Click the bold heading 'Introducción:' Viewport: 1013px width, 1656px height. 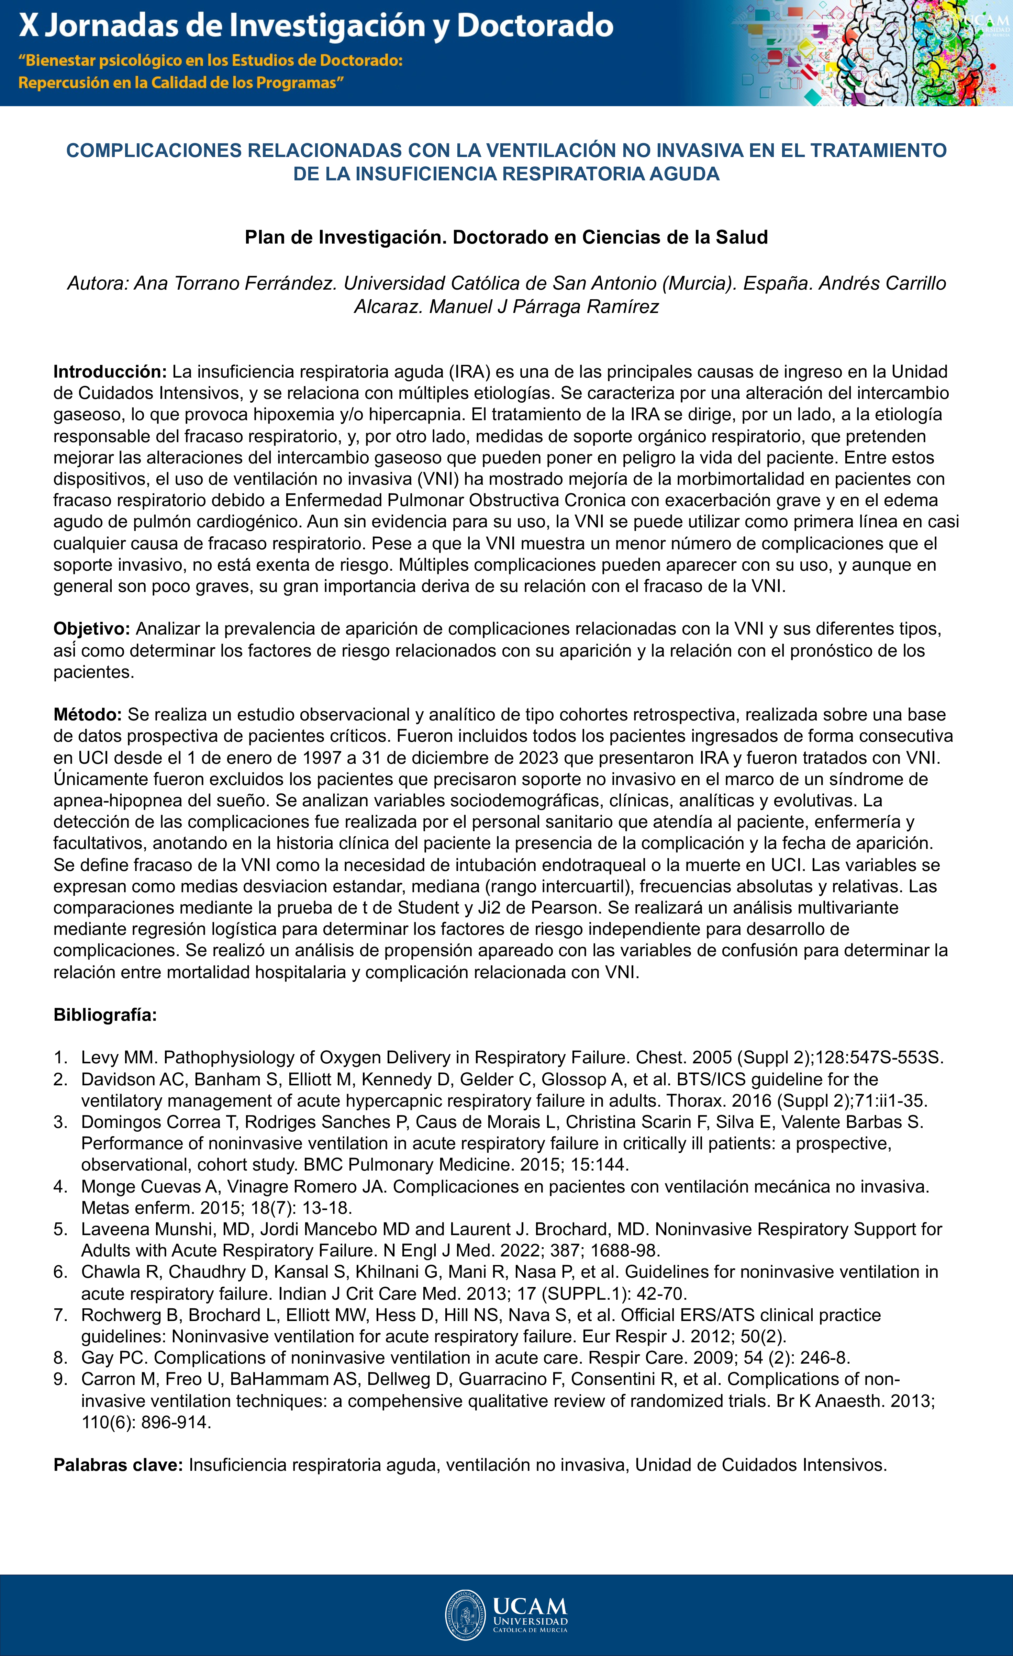pos(110,372)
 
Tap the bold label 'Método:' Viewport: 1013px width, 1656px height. pos(87,714)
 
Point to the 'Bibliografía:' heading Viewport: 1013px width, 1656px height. pos(105,1015)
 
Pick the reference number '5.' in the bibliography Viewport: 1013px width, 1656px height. pos(60,1229)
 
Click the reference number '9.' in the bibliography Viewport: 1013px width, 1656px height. pos(60,1379)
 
